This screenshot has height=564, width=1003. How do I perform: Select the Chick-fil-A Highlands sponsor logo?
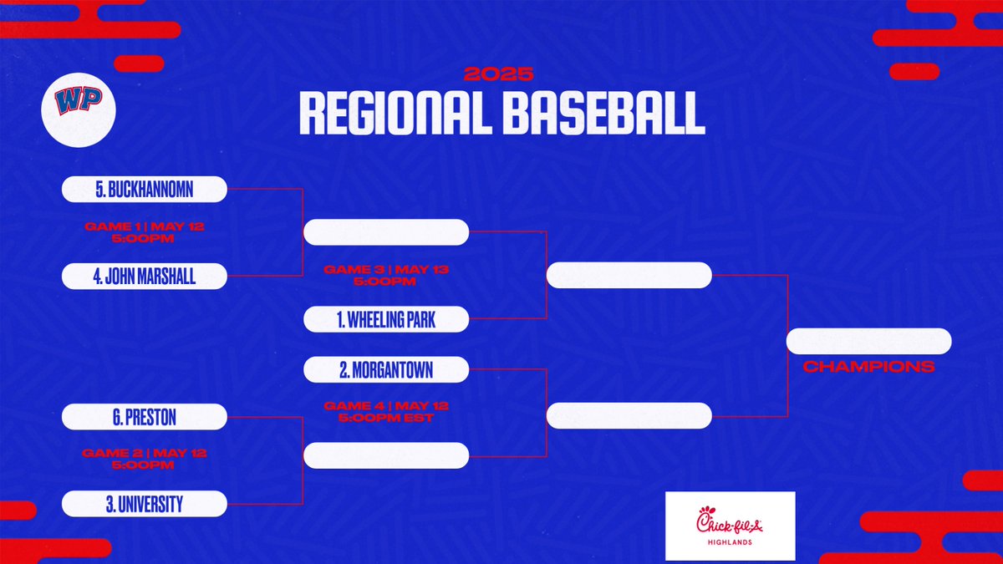point(730,526)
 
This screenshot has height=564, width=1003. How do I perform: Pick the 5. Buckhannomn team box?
point(144,190)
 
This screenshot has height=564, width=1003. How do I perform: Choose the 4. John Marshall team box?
point(144,276)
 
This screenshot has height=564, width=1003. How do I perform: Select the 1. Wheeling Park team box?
point(385,318)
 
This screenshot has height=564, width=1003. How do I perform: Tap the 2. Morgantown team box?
point(385,368)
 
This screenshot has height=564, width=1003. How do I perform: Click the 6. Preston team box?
point(144,416)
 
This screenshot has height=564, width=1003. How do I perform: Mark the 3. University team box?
point(144,503)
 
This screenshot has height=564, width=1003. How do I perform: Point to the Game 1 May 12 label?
point(144,232)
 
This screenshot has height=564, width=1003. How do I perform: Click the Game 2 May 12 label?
point(144,459)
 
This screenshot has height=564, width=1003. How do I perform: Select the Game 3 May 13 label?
point(385,275)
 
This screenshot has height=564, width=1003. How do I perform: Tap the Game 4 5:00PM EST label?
point(385,411)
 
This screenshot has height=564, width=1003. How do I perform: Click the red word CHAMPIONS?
point(868,367)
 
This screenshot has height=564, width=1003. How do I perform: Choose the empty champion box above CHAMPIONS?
point(868,341)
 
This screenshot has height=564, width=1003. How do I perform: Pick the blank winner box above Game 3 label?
point(385,232)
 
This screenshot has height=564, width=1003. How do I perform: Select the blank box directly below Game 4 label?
point(385,455)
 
